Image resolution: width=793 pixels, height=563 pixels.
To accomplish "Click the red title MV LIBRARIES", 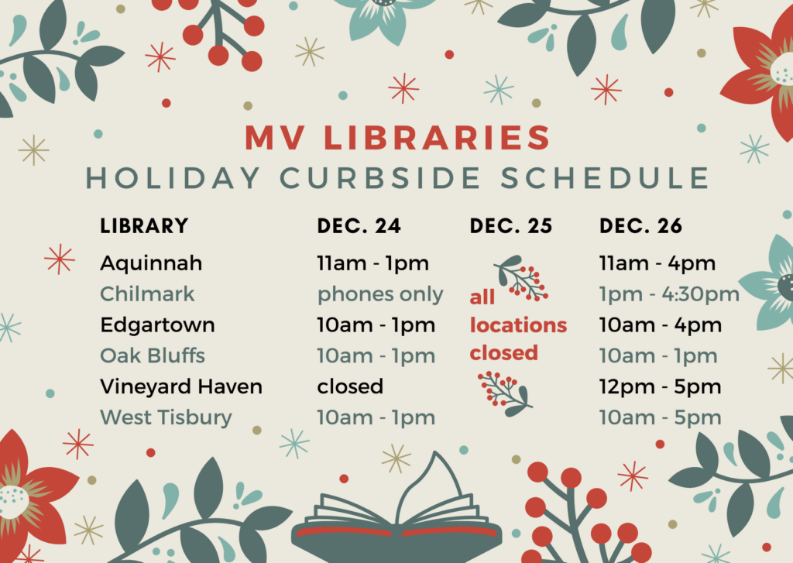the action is point(397,138).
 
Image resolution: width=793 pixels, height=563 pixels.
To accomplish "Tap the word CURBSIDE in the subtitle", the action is point(380,178).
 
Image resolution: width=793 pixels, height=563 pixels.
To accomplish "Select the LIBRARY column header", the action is point(144,226).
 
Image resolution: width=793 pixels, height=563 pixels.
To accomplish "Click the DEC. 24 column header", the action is point(359,226).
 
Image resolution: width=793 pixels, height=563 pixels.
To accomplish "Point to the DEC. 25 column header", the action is point(511,226).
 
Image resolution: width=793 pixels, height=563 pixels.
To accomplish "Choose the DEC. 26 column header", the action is point(640,226).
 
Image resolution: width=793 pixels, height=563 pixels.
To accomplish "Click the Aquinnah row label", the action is point(151,264).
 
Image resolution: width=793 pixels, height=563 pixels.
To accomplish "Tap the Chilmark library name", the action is point(147,294).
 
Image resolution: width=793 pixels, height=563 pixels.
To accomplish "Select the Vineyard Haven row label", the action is point(181,387).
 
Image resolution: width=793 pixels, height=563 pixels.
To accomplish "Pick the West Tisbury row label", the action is point(166,418).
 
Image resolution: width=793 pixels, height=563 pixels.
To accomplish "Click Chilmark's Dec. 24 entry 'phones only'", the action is point(379,295).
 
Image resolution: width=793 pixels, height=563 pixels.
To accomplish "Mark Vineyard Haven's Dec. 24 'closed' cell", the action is point(350,387).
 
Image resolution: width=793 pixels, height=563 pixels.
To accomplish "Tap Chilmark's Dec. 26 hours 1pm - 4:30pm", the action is point(669,295).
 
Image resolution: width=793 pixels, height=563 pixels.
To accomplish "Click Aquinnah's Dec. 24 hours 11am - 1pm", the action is point(372,264).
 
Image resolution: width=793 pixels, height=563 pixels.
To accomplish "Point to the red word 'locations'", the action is point(518,325).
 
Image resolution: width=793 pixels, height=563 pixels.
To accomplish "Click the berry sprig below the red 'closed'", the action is point(505,394).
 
